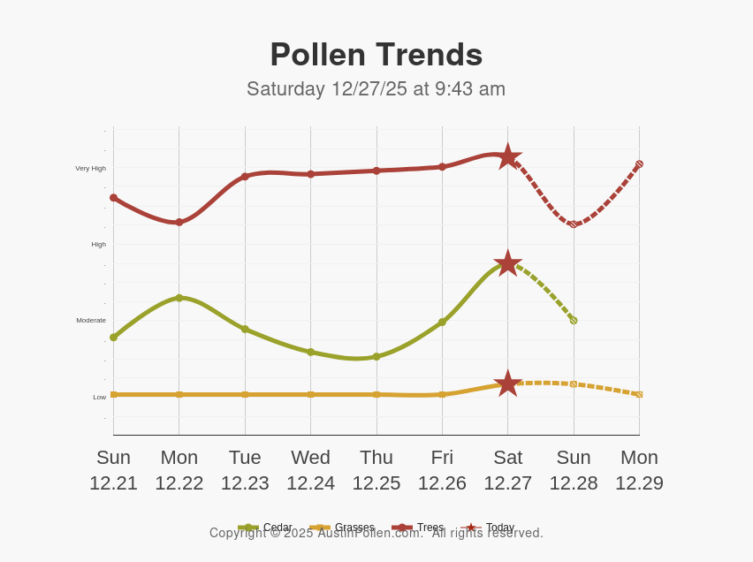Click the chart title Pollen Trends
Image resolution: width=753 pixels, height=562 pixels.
pos(376,55)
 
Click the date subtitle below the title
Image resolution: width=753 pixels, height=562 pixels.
pos(376,89)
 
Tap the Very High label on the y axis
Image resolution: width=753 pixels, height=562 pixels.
pos(90,168)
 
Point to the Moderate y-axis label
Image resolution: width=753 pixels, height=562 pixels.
pos(91,320)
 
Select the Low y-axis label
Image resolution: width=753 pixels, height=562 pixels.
pos(100,397)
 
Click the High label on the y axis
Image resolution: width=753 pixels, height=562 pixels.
pos(98,244)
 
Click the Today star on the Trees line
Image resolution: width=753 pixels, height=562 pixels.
pos(507,156)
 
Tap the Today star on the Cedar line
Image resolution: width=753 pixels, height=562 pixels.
pos(507,262)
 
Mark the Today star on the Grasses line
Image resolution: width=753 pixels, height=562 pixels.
pos(507,384)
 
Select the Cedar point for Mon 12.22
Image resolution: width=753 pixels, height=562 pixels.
pos(179,298)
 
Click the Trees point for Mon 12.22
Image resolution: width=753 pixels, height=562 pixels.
pos(179,222)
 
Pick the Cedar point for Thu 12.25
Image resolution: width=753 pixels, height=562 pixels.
pos(376,357)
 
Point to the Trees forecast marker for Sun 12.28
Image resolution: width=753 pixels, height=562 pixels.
pos(574,224)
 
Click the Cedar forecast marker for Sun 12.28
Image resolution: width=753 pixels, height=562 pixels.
pos(574,320)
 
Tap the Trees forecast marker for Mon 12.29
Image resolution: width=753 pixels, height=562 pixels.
pos(639,164)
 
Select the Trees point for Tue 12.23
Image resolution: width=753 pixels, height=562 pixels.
pos(245,177)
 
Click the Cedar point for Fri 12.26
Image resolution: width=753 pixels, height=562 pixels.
pos(442,323)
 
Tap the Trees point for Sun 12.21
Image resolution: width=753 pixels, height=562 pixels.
pos(113,198)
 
